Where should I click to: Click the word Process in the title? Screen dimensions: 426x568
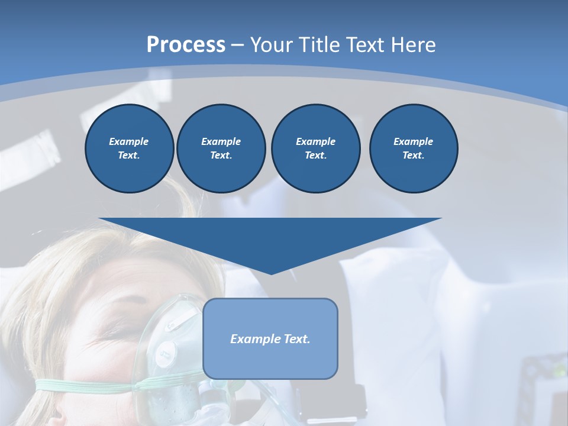[x=186, y=45]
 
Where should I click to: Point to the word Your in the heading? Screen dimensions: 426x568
[x=273, y=45]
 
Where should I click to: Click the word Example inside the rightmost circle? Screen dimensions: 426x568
[x=413, y=141]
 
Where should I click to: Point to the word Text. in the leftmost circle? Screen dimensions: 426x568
[x=129, y=156]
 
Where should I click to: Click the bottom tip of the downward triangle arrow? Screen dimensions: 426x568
[x=271, y=273]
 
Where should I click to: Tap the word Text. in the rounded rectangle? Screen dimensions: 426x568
[x=296, y=339]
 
